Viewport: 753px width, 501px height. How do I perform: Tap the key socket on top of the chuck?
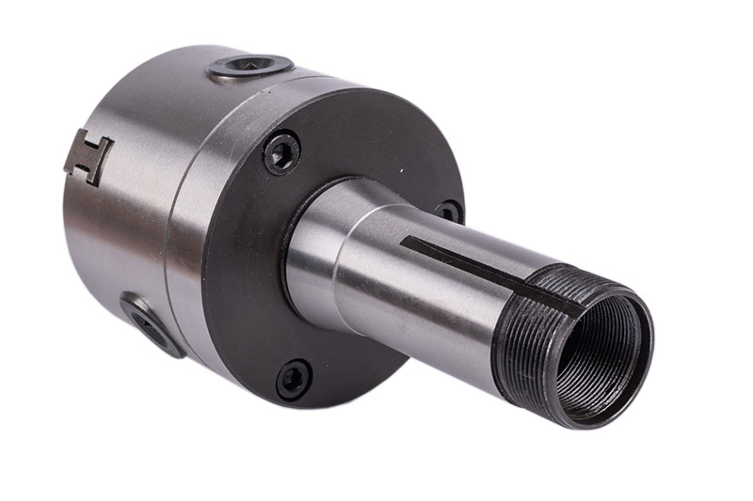[x=249, y=66]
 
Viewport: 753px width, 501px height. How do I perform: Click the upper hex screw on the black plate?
[x=281, y=152]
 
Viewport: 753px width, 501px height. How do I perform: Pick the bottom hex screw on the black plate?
[x=294, y=379]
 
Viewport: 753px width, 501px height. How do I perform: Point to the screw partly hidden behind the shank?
[x=448, y=211]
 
